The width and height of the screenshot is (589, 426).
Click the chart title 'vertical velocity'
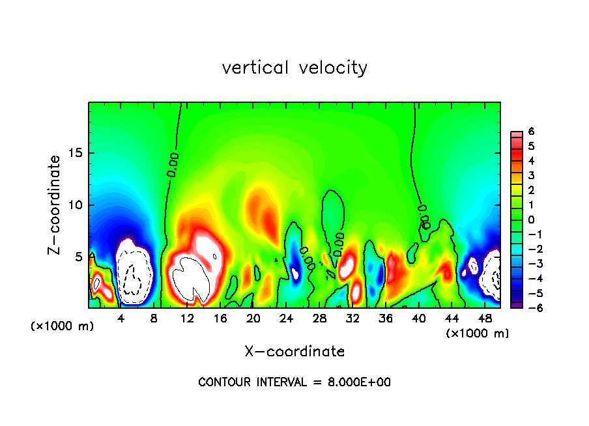click(294, 67)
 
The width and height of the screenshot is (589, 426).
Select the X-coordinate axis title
click(294, 352)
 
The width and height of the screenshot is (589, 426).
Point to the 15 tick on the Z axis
click(78, 153)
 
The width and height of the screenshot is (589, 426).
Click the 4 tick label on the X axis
click(121, 319)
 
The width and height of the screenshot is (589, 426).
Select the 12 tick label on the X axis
click(187, 319)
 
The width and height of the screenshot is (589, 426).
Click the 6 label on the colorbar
click(531, 132)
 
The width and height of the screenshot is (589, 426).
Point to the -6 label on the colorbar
click(529, 307)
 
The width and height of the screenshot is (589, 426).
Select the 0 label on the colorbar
click(531, 220)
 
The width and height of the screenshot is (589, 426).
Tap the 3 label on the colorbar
click(531, 175)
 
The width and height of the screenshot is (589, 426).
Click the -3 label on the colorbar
click(529, 264)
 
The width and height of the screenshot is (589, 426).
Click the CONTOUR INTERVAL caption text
click(294, 382)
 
